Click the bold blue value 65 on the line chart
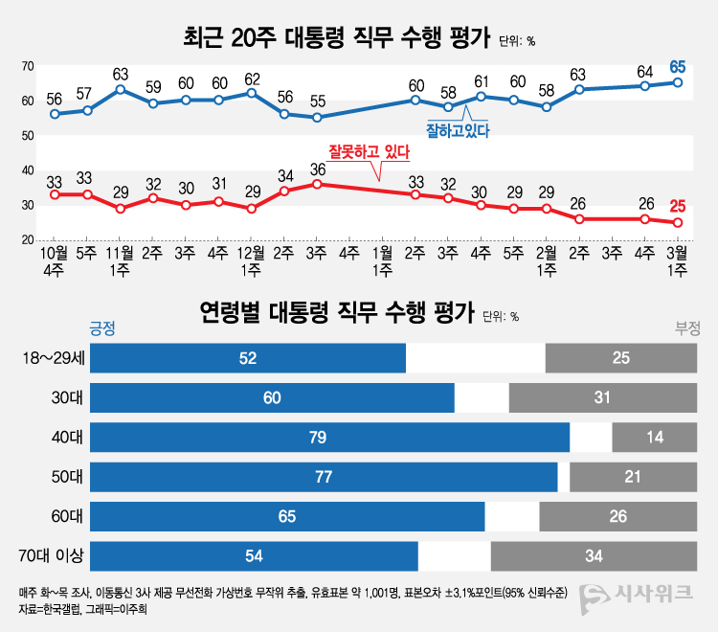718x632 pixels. tap(678, 67)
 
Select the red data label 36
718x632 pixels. tap(317, 169)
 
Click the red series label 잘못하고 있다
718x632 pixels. tap(369, 151)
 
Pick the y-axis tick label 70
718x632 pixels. tap(29, 66)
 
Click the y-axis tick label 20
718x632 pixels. tap(29, 239)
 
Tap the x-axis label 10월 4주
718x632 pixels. tap(55, 262)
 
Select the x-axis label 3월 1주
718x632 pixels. tap(677, 262)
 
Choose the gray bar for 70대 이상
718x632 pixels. tap(594, 555)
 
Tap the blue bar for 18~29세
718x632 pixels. tap(248, 358)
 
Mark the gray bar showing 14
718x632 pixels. tap(654, 438)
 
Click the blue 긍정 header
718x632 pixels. tap(101, 328)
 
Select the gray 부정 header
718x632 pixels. tap(687, 328)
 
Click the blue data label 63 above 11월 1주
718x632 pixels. tap(121, 73)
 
